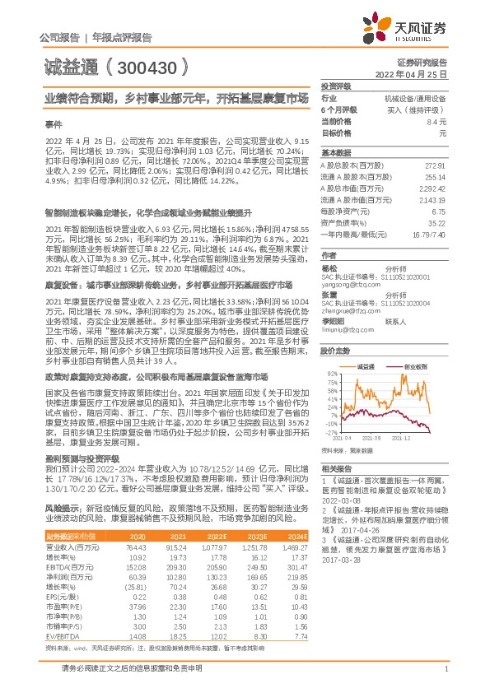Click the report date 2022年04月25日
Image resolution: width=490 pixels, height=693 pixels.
[410, 74]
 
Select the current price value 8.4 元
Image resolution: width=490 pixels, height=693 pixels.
[436, 121]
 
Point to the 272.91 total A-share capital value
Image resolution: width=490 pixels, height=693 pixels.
[434, 166]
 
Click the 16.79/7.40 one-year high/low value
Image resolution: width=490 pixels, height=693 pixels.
[429, 234]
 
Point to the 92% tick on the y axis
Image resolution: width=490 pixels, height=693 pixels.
[331, 373]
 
